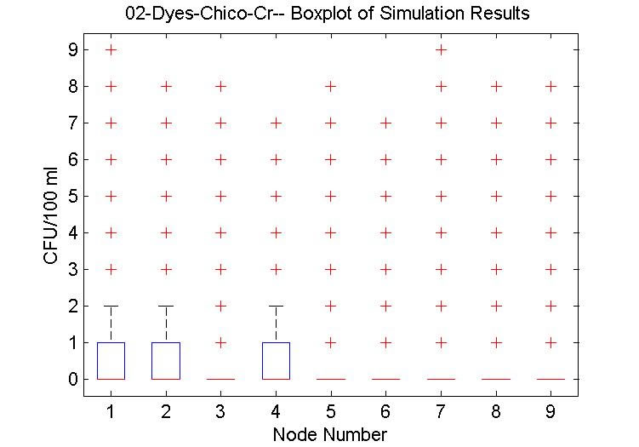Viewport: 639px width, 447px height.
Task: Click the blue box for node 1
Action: click(111, 360)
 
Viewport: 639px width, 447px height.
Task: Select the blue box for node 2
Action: click(166, 360)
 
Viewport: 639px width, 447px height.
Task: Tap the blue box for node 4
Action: click(276, 360)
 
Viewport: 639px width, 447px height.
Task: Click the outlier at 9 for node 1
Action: click(111, 50)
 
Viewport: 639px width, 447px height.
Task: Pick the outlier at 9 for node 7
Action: click(441, 50)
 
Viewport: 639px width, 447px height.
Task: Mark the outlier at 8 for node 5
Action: click(331, 86)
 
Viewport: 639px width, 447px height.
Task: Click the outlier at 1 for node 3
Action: click(221, 342)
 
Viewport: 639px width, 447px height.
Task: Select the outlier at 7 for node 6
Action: click(385, 123)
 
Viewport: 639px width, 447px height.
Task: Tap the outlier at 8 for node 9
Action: click(551, 86)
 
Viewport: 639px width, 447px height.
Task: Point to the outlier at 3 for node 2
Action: click(166, 269)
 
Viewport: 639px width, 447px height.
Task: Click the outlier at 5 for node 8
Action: click(496, 196)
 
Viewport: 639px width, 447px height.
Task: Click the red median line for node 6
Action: click(385, 378)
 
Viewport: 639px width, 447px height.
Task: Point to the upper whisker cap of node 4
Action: click(276, 306)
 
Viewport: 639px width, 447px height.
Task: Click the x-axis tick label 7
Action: click(441, 412)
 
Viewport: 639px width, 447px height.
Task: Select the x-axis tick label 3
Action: click(221, 412)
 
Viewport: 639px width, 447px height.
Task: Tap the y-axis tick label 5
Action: click(72, 196)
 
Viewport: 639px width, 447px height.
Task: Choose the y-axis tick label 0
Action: click(72, 379)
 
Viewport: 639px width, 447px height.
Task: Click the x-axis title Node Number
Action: click(330, 434)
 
